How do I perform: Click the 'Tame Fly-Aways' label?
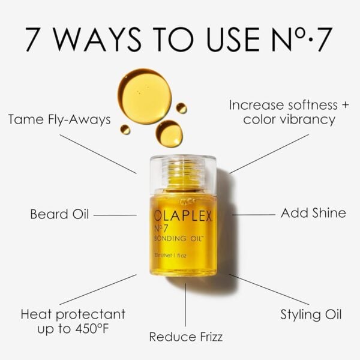click(59, 119)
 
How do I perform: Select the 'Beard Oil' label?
click(59, 214)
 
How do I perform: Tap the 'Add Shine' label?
click(313, 213)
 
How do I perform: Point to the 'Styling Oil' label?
click(311, 314)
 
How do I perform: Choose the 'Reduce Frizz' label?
click(185, 337)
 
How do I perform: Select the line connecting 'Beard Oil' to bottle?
click(115, 214)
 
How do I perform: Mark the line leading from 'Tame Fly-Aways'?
click(98, 154)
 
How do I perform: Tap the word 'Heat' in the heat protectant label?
click(36, 314)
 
